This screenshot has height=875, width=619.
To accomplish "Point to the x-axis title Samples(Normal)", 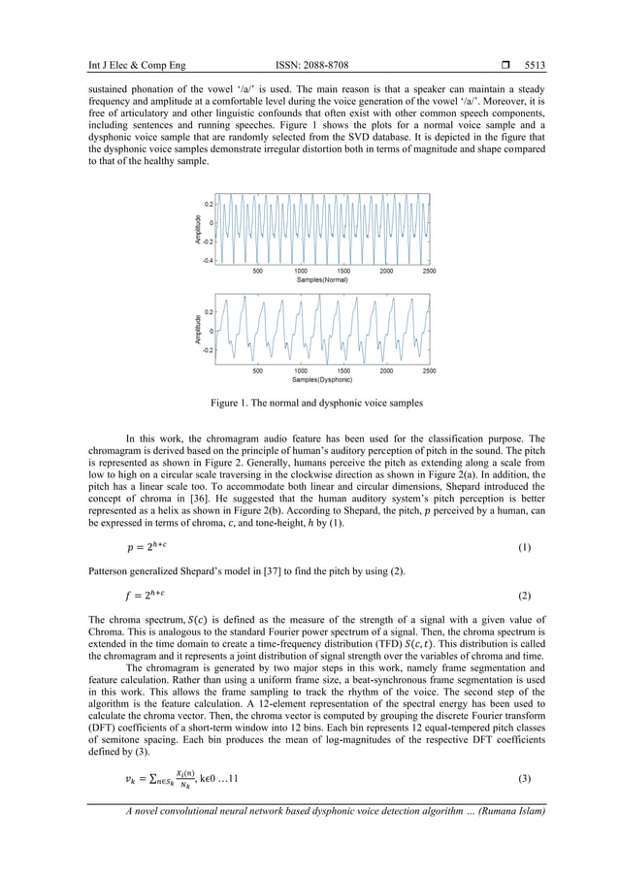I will [322, 279].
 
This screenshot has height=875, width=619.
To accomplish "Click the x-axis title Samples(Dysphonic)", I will [322, 378].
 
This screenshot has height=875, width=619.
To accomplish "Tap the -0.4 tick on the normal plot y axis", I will [208, 261].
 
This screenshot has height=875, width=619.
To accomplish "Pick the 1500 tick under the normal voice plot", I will [343, 271].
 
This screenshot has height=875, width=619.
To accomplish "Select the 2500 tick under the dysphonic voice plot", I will [429, 370].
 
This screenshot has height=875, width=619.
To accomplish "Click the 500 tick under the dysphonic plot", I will [257, 370].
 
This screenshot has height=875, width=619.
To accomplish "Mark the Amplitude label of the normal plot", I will [198, 229].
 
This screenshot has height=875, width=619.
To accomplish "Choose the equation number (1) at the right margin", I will [524, 548].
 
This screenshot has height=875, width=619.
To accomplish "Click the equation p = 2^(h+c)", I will [145, 548].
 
